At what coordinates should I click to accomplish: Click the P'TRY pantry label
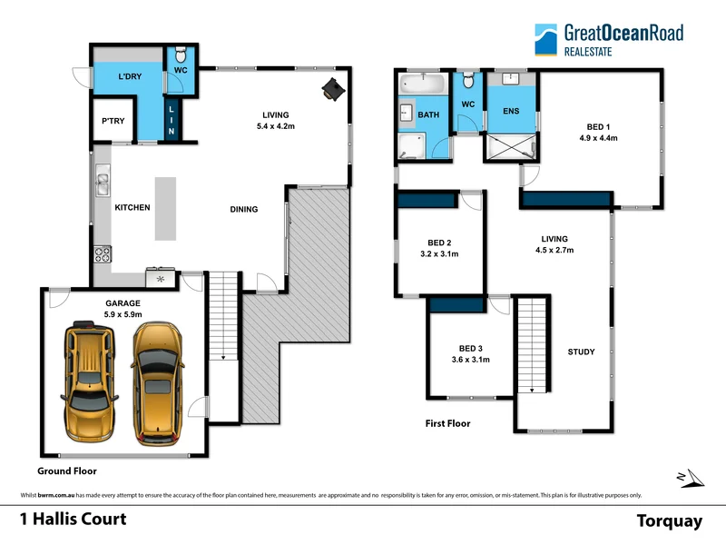pos(113,122)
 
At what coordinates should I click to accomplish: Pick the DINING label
pos(243,210)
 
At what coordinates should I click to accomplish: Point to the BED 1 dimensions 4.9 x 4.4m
pos(597,139)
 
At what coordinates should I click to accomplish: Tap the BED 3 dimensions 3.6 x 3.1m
pos(471,360)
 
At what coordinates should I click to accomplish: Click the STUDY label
pos(581,352)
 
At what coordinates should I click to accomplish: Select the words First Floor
pos(447,423)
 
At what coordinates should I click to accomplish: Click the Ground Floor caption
pos(66,471)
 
